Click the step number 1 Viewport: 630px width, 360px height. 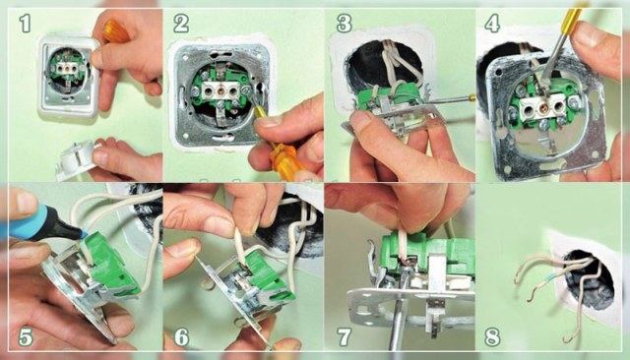click(25, 24)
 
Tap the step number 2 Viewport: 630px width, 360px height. click(181, 24)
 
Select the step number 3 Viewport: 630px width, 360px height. click(344, 24)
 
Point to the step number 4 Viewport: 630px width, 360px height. click(492, 24)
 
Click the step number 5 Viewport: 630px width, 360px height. click(25, 337)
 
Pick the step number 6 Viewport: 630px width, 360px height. click(181, 337)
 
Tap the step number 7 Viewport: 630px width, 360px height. click(344, 337)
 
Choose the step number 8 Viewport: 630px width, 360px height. click(492, 337)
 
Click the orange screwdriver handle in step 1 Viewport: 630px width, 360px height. click(115, 30)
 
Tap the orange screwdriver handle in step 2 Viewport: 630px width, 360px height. click(284, 155)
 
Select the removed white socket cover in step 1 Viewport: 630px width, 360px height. click(79, 159)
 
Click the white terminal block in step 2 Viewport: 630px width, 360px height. click(220, 91)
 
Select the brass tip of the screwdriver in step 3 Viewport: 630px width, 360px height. click(472, 96)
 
